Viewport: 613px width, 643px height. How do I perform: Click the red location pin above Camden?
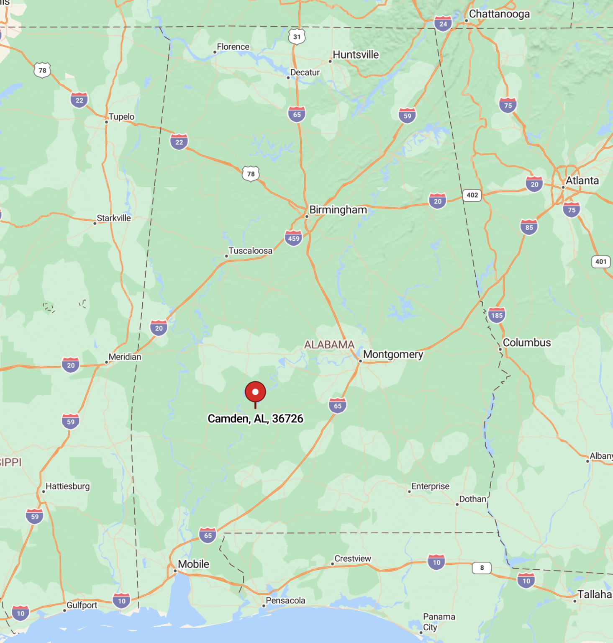255,392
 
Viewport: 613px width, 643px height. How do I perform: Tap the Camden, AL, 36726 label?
255,419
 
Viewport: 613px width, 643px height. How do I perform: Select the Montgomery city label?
393,354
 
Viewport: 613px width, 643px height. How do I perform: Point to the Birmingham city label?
338,210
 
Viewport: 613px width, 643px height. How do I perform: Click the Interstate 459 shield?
294,238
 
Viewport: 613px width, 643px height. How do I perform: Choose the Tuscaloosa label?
250,251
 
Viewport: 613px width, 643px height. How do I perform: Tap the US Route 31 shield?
297,37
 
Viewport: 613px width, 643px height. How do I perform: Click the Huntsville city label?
356,55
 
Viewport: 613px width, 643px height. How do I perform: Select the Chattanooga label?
499,14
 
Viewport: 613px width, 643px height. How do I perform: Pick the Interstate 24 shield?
443,24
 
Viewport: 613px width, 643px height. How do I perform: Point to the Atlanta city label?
582,181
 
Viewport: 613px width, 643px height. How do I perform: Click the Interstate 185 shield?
497,315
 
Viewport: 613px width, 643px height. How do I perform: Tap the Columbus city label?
527,342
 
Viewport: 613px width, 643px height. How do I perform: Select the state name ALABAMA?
329,345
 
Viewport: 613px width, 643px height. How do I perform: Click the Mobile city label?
193,564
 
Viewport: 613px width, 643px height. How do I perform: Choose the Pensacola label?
285,601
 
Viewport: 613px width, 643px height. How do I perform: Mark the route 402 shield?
472,195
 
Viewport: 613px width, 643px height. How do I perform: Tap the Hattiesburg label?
67,486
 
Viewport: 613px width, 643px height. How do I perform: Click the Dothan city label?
472,499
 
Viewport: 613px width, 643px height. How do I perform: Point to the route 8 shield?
482,568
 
